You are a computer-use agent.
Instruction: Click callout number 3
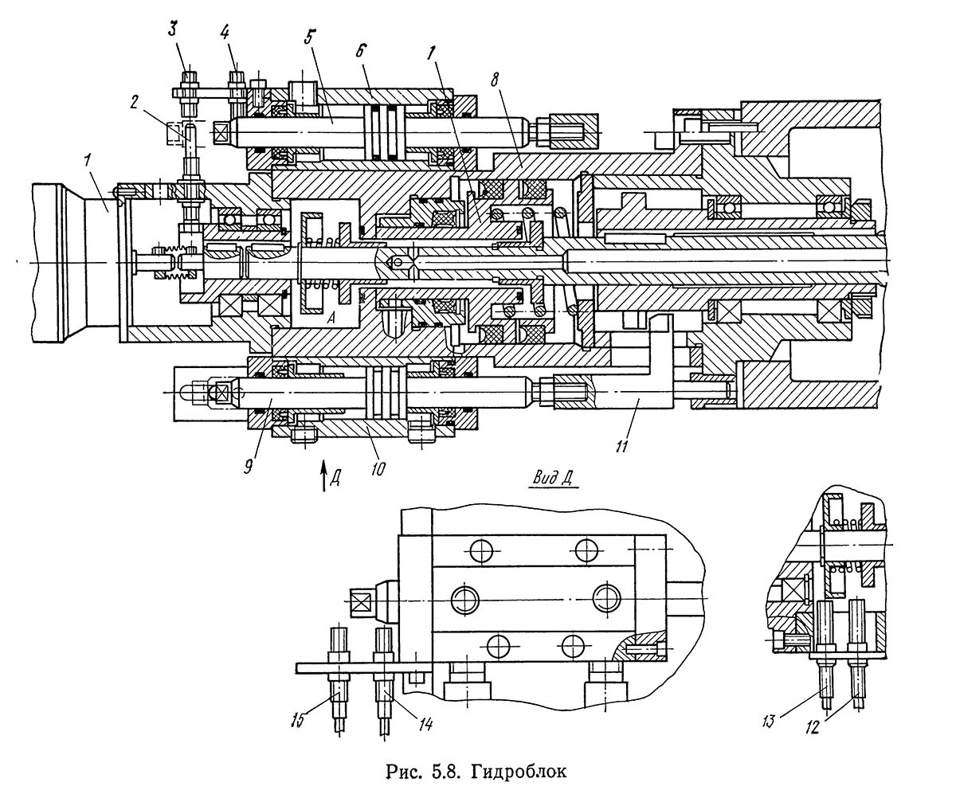tap(173, 29)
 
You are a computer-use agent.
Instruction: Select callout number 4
tap(225, 32)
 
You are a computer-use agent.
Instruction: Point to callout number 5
tap(310, 37)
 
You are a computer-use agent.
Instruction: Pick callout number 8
tap(495, 80)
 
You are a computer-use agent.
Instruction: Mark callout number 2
tap(134, 102)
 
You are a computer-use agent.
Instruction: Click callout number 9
tap(249, 467)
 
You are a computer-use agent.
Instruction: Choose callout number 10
tap(378, 468)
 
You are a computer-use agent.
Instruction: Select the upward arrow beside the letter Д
tap(324, 475)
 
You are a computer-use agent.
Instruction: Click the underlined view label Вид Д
tap(554, 479)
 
